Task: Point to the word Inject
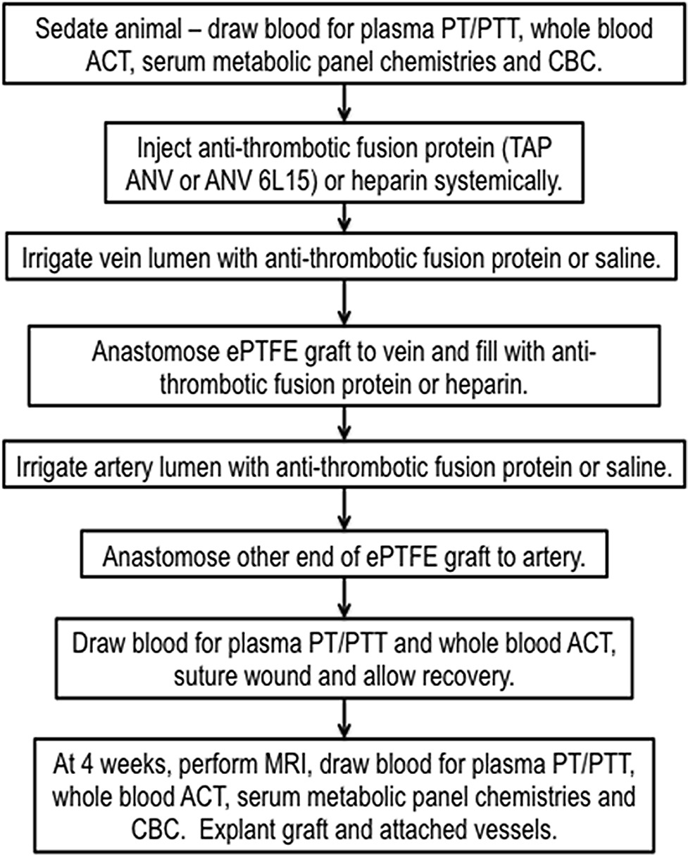(164, 149)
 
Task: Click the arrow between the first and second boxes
(344, 103)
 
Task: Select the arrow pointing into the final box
(344, 716)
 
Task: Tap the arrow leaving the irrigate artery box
(344, 509)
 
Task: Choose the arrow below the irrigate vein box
(344, 303)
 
